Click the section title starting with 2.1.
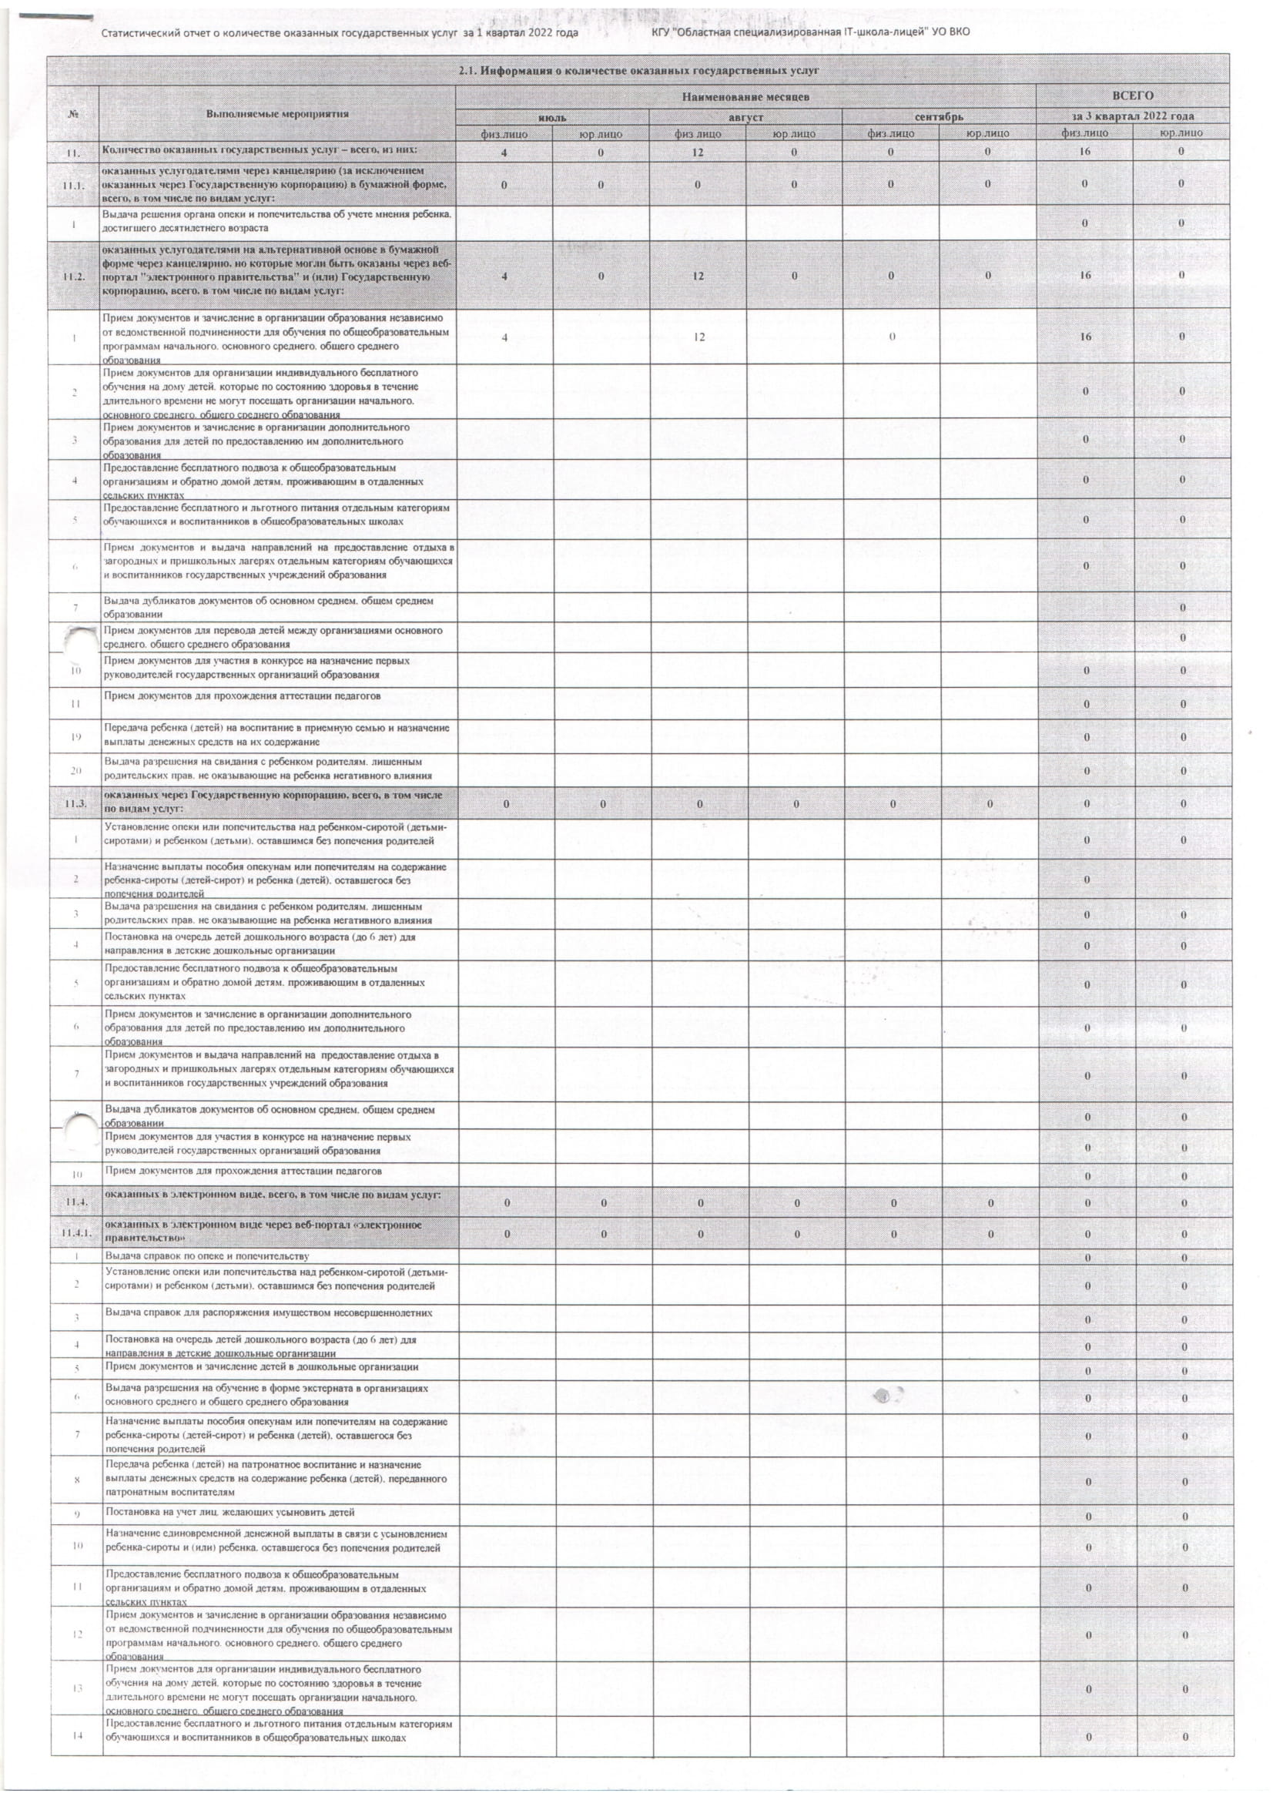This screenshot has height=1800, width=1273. pos(638,72)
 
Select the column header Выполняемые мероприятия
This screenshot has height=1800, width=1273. pos(277,114)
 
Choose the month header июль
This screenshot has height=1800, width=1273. pos(552,117)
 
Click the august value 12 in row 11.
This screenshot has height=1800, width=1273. pos(698,152)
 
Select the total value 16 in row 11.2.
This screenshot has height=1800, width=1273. pos(1085,276)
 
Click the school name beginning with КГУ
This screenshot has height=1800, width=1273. pos(810,32)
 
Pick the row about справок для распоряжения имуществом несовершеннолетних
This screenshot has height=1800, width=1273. pos(269,1312)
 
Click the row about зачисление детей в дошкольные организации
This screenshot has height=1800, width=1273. pos(262,1366)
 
